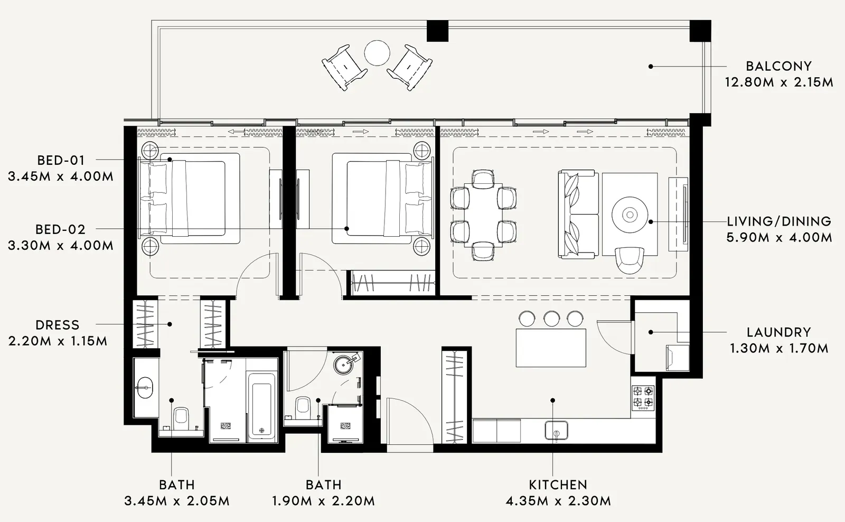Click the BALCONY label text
click(x=778, y=67)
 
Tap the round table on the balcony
click(x=377, y=53)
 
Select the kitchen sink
click(x=556, y=430)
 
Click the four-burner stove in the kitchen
click(x=643, y=398)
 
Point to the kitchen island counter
click(x=551, y=348)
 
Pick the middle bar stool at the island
click(x=551, y=319)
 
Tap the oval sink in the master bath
click(x=145, y=387)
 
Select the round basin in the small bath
click(x=343, y=363)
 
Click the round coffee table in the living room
click(x=630, y=215)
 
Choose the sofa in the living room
click(x=578, y=215)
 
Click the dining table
click(x=483, y=215)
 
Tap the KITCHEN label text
click(x=558, y=484)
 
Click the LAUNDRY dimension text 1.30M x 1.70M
click(x=779, y=348)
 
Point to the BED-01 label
click(x=61, y=161)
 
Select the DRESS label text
click(x=58, y=325)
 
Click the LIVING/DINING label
click(x=779, y=221)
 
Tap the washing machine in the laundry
click(x=677, y=357)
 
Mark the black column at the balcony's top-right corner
click(x=700, y=31)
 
